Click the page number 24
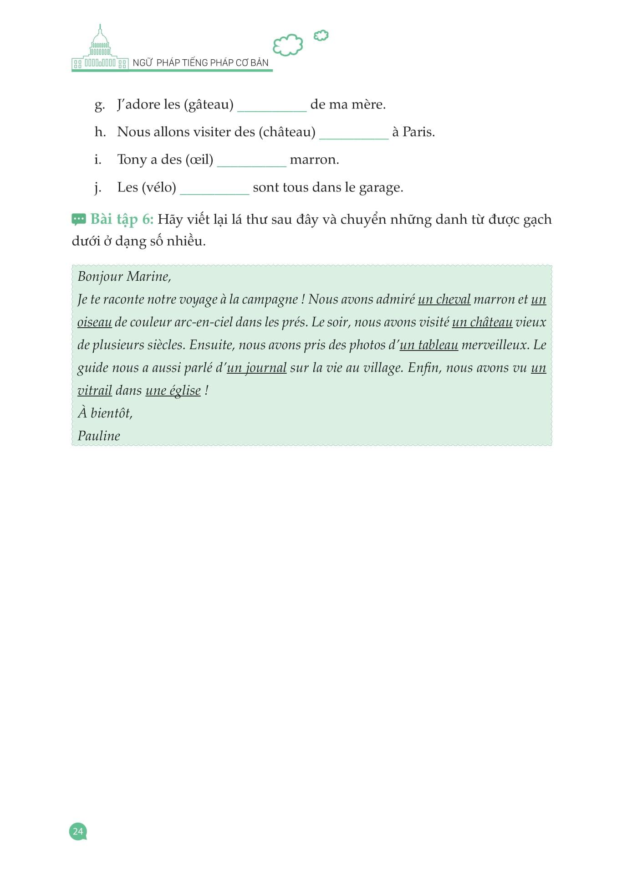78,831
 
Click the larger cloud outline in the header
288,45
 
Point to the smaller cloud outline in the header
321,36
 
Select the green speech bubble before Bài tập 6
79,220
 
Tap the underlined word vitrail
95,391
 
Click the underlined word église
185,391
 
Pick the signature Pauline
99,436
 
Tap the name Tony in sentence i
132,160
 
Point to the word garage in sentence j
380,187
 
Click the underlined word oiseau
95,322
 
